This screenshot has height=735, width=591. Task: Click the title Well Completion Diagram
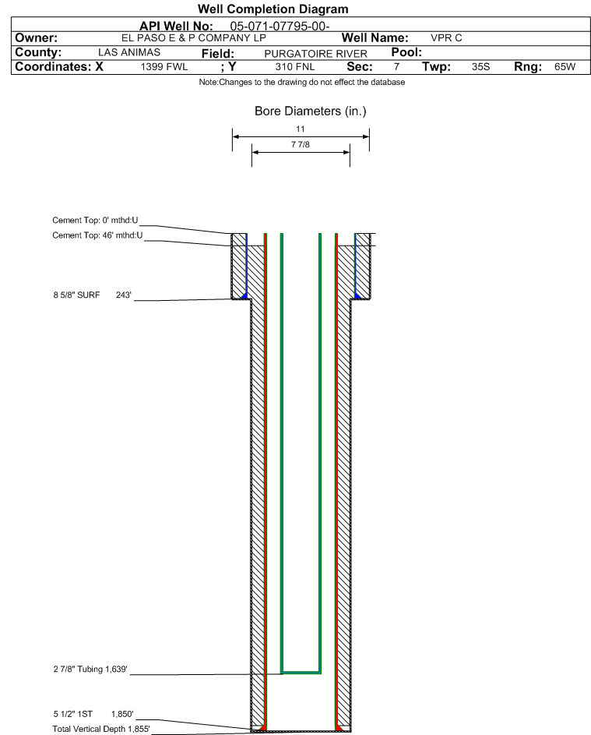(x=273, y=9)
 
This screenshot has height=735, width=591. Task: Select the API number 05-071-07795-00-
(x=280, y=27)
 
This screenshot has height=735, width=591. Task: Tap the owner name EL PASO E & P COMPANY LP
(x=193, y=38)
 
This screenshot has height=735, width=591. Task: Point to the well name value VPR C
(x=446, y=38)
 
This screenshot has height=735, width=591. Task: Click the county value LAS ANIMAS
(x=129, y=52)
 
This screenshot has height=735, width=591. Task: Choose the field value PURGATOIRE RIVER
(x=315, y=54)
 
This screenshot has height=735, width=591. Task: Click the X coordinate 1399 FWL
(x=164, y=66)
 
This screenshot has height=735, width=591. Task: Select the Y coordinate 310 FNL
(x=295, y=66)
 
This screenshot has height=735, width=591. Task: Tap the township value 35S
(x=480, y=66)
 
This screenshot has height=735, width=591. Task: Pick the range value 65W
(x=565, y=66)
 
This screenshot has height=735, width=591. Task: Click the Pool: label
(x=406, y=52)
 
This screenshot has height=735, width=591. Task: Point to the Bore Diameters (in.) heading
(x=311, y=111)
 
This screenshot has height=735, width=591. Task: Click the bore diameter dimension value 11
(x=301, y=129)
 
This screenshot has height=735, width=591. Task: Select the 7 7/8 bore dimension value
(x=301, y=144)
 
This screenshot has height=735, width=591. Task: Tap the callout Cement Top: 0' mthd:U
(x=95, y=221)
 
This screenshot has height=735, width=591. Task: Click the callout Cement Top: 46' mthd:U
(x=97, y=235)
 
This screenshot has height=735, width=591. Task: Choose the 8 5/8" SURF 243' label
(x=92, y=295)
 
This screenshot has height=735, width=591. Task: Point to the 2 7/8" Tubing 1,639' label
(x=90, y=669)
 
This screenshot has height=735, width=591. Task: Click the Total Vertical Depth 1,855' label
(x=101, y=729)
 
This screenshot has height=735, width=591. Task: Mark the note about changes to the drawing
(x=302, y=82)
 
